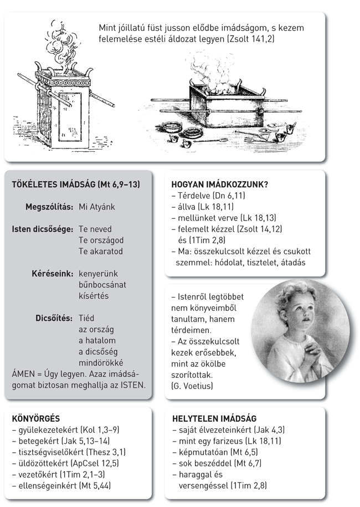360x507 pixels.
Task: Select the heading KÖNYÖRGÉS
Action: (x=35, y=418)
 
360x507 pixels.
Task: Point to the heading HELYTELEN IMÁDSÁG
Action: (x=214, y=418)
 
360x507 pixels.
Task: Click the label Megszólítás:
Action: (x=49, y=207)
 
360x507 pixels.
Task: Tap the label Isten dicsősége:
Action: (x=42, y=229)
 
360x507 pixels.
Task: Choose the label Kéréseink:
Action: (x=53, y=274)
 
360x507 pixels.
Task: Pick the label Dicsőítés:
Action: (x=55, y=318)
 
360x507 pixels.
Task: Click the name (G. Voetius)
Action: (x=192, y=384)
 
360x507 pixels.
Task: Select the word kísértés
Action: (x=94, y=296)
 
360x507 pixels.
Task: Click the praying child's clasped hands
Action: (x=312, y=351)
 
